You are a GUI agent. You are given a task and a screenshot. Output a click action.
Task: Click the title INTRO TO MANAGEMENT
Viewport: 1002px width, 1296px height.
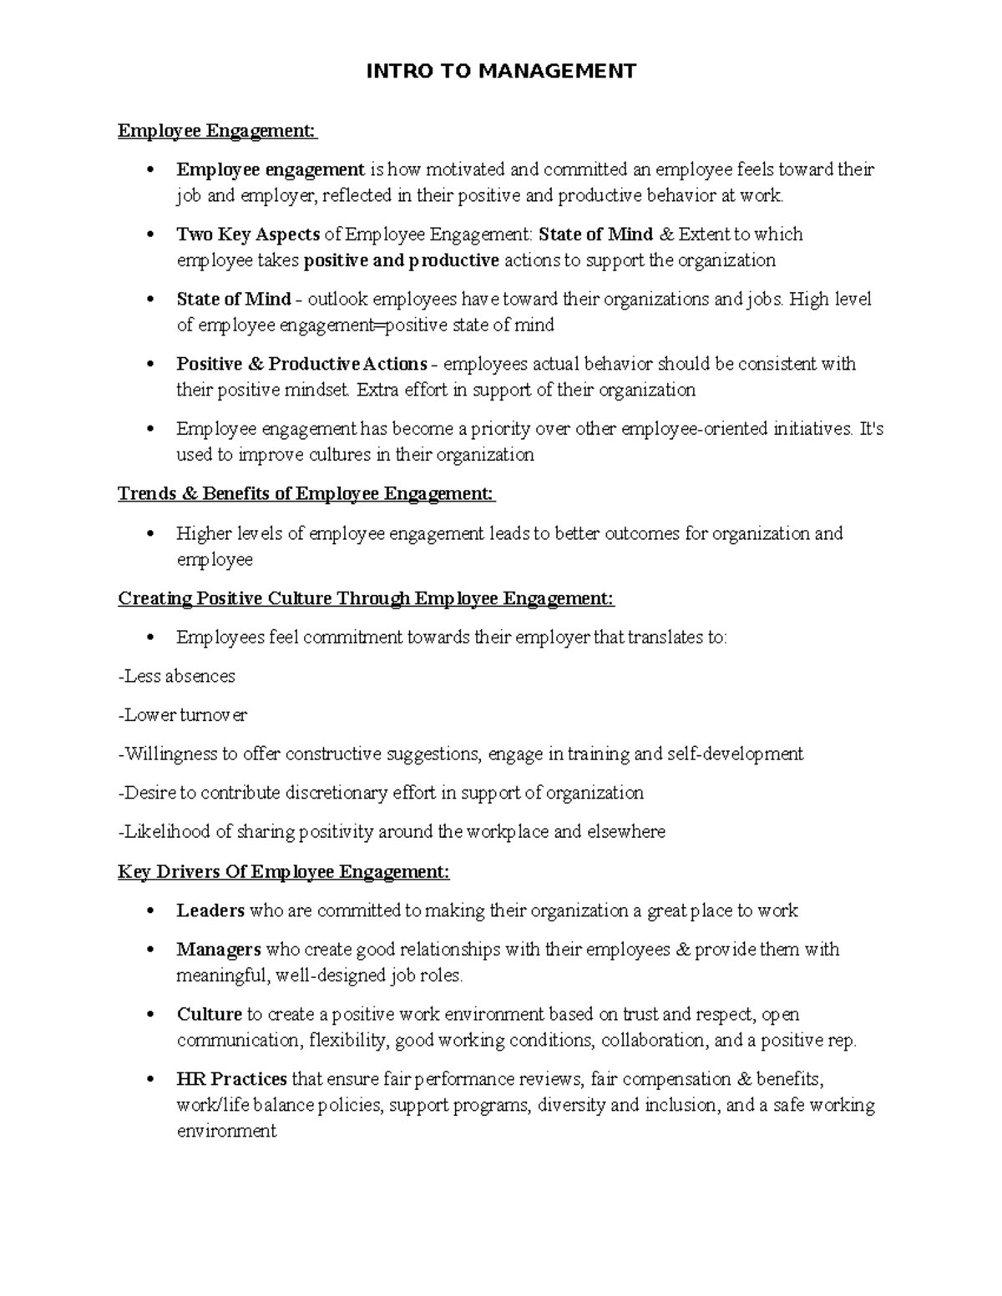(x=501, y=71)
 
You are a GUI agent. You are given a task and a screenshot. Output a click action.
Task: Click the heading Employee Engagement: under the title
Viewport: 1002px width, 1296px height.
(x=217, y=131)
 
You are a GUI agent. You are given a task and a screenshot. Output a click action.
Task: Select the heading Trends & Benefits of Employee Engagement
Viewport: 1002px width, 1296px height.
(x=306, y=494)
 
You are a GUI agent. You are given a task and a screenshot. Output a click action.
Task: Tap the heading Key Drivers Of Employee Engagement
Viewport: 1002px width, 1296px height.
(x=283, y=872)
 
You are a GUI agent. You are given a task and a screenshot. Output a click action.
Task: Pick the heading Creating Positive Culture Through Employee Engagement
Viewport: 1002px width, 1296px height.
(x=366, y=598)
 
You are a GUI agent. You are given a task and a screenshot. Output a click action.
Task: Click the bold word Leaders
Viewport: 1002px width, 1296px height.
(x=210, y=910)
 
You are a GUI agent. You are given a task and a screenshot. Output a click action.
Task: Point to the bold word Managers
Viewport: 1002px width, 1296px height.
(x=219, y=950)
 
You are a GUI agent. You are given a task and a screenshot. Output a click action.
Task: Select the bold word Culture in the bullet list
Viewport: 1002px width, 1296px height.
(x=209, y=1015)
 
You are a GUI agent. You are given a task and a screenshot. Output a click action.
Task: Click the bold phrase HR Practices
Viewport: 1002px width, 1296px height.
(x=231, y=1079)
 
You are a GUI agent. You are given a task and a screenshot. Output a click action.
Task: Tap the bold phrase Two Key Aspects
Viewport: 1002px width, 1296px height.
(x=248, y=234)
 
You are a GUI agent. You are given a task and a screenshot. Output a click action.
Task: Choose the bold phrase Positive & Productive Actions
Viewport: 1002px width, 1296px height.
(x=301, y=364)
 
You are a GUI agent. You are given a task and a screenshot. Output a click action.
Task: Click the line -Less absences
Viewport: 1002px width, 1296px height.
(x=177, y=676)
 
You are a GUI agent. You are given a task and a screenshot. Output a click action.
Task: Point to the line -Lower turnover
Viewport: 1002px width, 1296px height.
(x=183, y=715)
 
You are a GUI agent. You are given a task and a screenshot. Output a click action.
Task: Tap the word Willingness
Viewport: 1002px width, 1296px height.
(x=170, y=754)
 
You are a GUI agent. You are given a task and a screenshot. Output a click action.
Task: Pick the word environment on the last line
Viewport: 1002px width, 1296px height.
(x=226, y=1132)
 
